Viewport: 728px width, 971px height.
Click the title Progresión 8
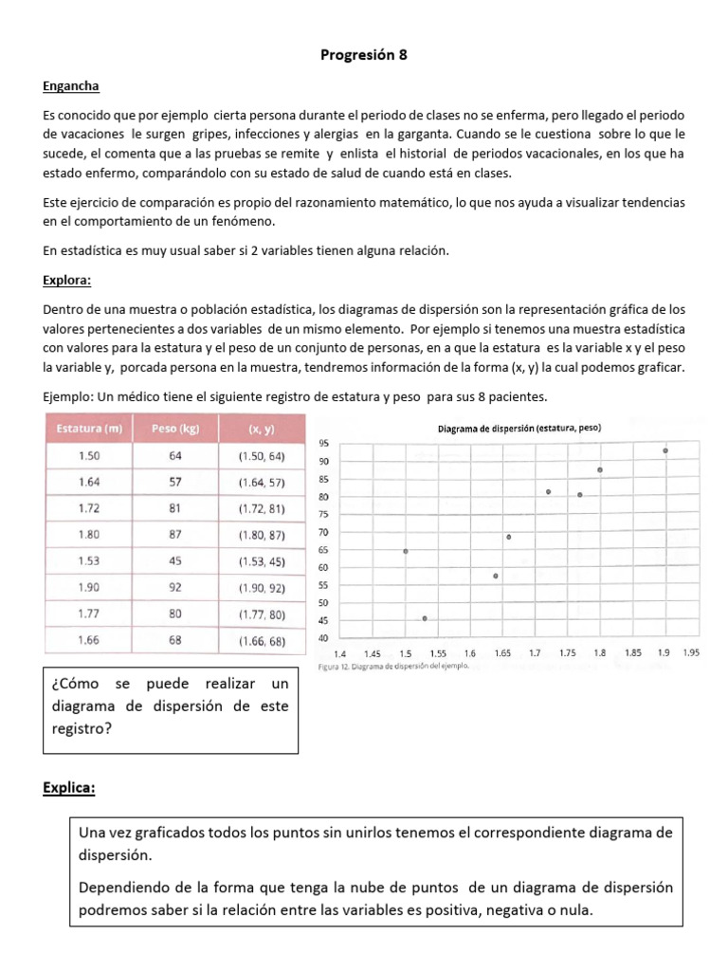[x=363, y=55]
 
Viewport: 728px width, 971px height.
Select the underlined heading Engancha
[x=70, y=85]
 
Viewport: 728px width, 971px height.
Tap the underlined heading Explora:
[x=68, y=281]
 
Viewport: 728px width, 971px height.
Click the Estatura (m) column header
[x=89, y=430]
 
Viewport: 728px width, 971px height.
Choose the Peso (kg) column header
[x=175, y=430]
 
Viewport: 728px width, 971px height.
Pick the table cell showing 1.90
[x=88, y=588]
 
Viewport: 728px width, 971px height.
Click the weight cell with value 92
[x=175, y=588]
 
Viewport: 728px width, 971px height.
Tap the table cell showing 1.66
[x=88, y=641]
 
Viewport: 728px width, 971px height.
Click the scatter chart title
[x=519, y=429]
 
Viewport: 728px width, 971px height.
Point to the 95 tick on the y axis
[x=323, y=444]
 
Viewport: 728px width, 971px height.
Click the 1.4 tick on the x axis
[x=341, y=653]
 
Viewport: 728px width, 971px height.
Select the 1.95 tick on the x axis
[x=691, y=653]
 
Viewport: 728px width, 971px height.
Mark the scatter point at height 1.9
[x=665, y=451]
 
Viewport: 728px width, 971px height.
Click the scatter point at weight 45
[x=425, y=618]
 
